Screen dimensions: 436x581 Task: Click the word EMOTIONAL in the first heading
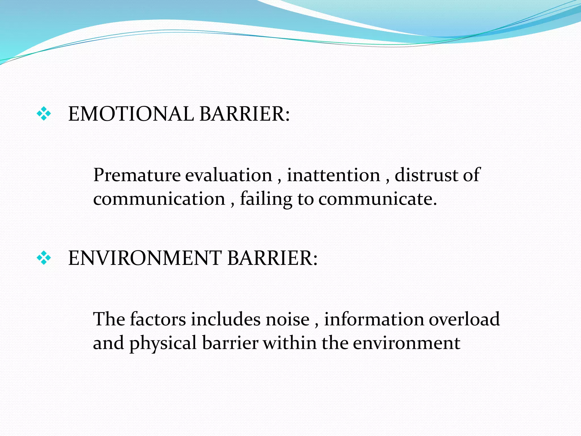point(131,114)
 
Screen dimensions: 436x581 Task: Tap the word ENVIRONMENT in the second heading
point(145,258)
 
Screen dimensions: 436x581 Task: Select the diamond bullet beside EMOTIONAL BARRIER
point(44,114)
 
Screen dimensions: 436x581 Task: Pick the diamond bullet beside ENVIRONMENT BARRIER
point(44,258)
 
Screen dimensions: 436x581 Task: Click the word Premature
point(137,175)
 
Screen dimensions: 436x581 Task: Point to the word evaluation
point(229,175)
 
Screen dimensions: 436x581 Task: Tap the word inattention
point(333,175)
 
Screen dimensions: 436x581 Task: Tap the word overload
point(464,319)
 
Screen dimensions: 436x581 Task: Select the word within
point(290,343)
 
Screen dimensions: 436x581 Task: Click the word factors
point(158,319)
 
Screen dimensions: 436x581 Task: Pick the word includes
point(226,319)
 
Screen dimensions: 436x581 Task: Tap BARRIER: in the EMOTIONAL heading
point(245,114)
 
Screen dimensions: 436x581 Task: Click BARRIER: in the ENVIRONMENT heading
point(272,258)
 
